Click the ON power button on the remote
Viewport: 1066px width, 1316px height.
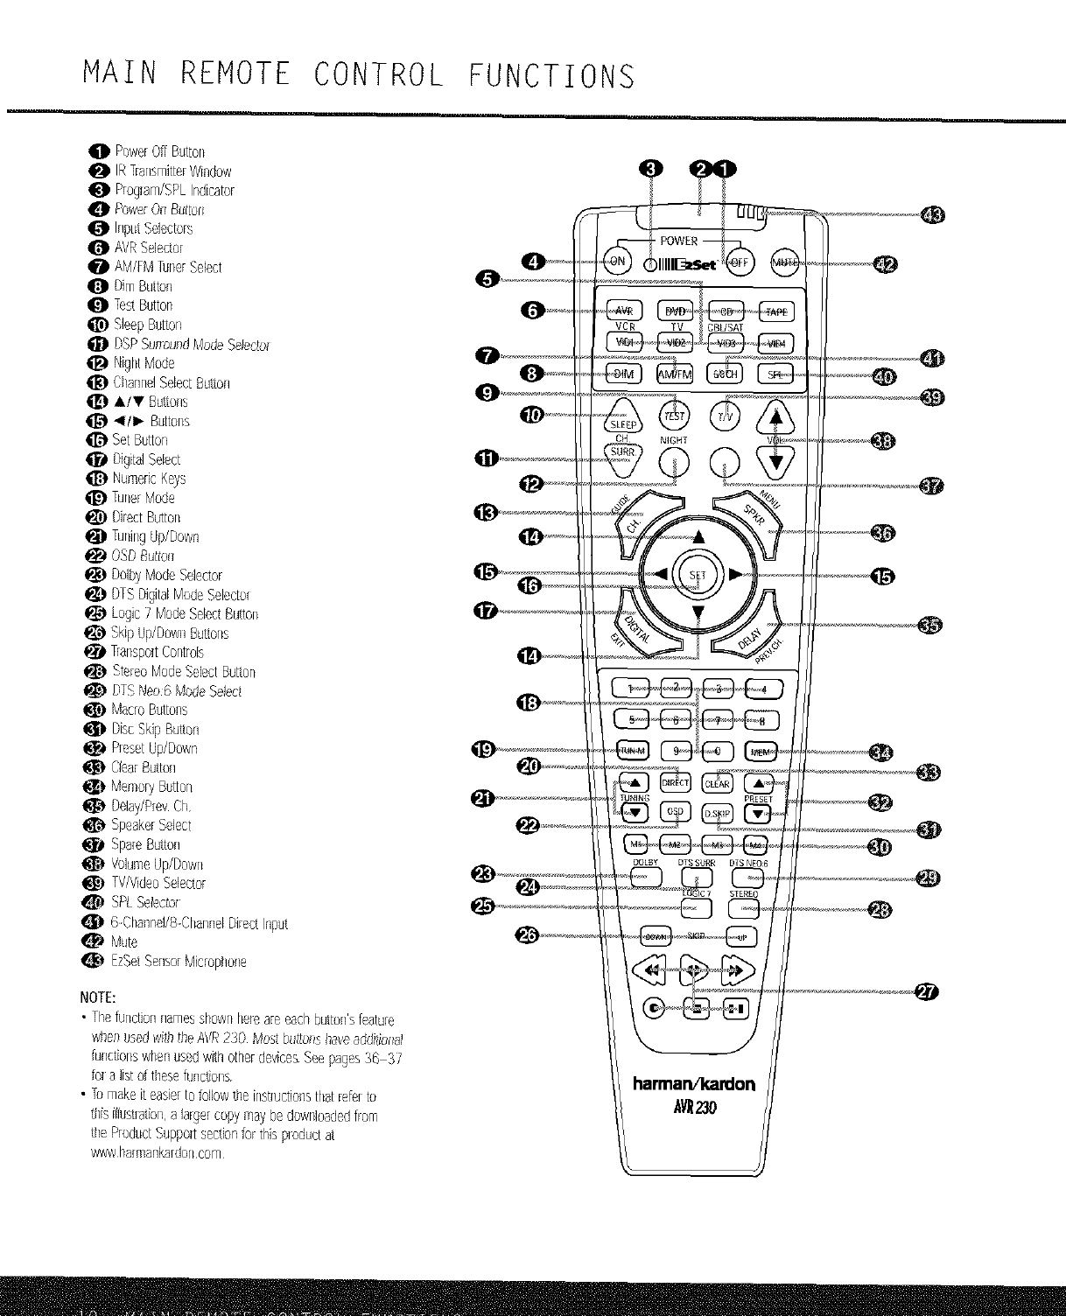pos(618,262)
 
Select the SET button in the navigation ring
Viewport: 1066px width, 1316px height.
pos(698,575)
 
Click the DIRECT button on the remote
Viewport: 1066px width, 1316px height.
pos(675,783)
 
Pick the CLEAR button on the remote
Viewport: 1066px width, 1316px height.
pos(718,783)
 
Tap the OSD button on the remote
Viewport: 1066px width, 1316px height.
pos(675,812)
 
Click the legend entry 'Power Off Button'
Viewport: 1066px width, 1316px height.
pos(160,151)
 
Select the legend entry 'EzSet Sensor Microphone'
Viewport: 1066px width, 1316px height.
pos(178,961)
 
